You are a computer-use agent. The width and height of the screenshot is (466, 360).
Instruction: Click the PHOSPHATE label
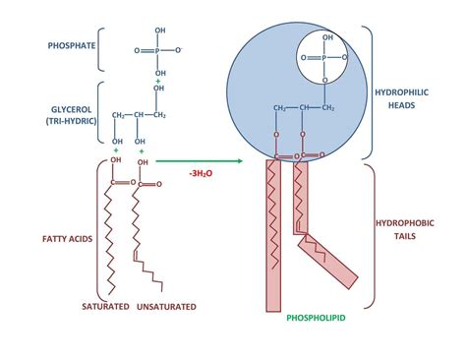pyautogui.click(x=70, y=45)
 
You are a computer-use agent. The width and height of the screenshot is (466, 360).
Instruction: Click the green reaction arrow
pyautogui.click(x=202, y=160)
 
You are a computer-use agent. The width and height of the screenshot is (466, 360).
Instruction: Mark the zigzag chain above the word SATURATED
pyautogui.click(x=117, y=241)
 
